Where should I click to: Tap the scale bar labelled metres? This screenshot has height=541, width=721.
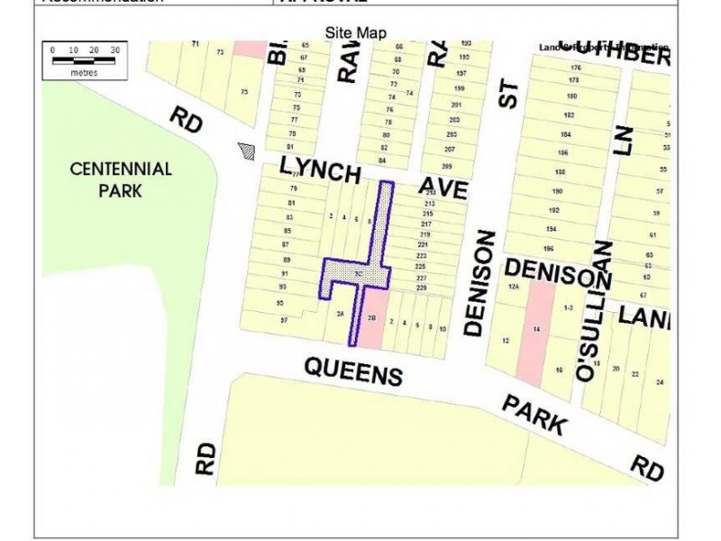click(84, 59)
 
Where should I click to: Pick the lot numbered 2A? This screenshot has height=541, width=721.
click(340, 314)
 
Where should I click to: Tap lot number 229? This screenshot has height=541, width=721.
click(422, 288)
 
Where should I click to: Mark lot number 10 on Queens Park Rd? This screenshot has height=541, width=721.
click(442, 330)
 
